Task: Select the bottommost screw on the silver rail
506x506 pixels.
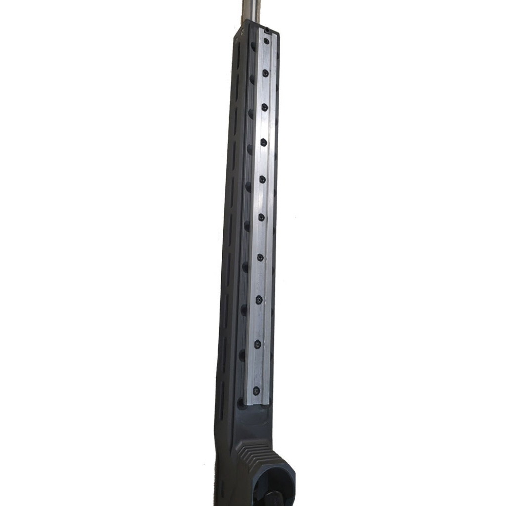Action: [x=256, y=390]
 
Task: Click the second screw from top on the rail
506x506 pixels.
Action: [x=265, y=73]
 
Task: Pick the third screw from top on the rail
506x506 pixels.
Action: [x=264, y=106]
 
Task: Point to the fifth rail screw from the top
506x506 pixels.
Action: [x=262, y=179]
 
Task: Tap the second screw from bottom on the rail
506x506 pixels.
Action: [x=257, y=343]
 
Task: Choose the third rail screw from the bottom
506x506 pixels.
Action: [x=258, y=298]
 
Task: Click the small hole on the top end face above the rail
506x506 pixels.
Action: [x=267, y=30]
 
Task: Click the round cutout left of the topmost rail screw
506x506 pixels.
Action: [x=253, y=46]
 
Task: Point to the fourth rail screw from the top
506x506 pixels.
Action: [x=263, y=142]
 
